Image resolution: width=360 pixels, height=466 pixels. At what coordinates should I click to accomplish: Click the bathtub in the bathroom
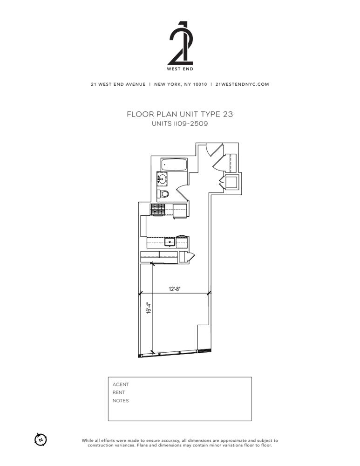174,164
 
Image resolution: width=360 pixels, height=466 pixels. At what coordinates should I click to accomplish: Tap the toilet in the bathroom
163,194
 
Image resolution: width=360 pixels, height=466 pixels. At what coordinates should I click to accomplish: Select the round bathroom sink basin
162,179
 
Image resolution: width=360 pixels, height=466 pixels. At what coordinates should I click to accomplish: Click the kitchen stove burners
158,210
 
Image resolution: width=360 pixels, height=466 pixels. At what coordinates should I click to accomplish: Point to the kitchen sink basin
170,242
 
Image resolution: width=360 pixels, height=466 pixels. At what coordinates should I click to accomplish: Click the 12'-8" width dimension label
175,289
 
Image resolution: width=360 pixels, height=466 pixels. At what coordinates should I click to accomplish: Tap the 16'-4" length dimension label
149,308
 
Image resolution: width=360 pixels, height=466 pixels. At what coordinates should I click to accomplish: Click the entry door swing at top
214,149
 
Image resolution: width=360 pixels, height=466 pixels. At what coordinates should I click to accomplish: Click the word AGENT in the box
121,384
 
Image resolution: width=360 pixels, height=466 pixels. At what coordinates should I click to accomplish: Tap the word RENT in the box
118,392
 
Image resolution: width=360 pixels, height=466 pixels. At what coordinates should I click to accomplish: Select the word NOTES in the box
121,401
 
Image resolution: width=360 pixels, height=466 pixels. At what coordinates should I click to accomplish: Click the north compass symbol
41,439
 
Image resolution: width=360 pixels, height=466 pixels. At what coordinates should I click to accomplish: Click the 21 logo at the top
180,43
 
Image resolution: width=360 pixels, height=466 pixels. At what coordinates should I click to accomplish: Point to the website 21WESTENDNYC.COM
242,84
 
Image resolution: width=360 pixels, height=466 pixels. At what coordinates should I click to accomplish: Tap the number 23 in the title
228,114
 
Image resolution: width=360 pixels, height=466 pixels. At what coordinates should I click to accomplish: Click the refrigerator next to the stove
180,211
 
